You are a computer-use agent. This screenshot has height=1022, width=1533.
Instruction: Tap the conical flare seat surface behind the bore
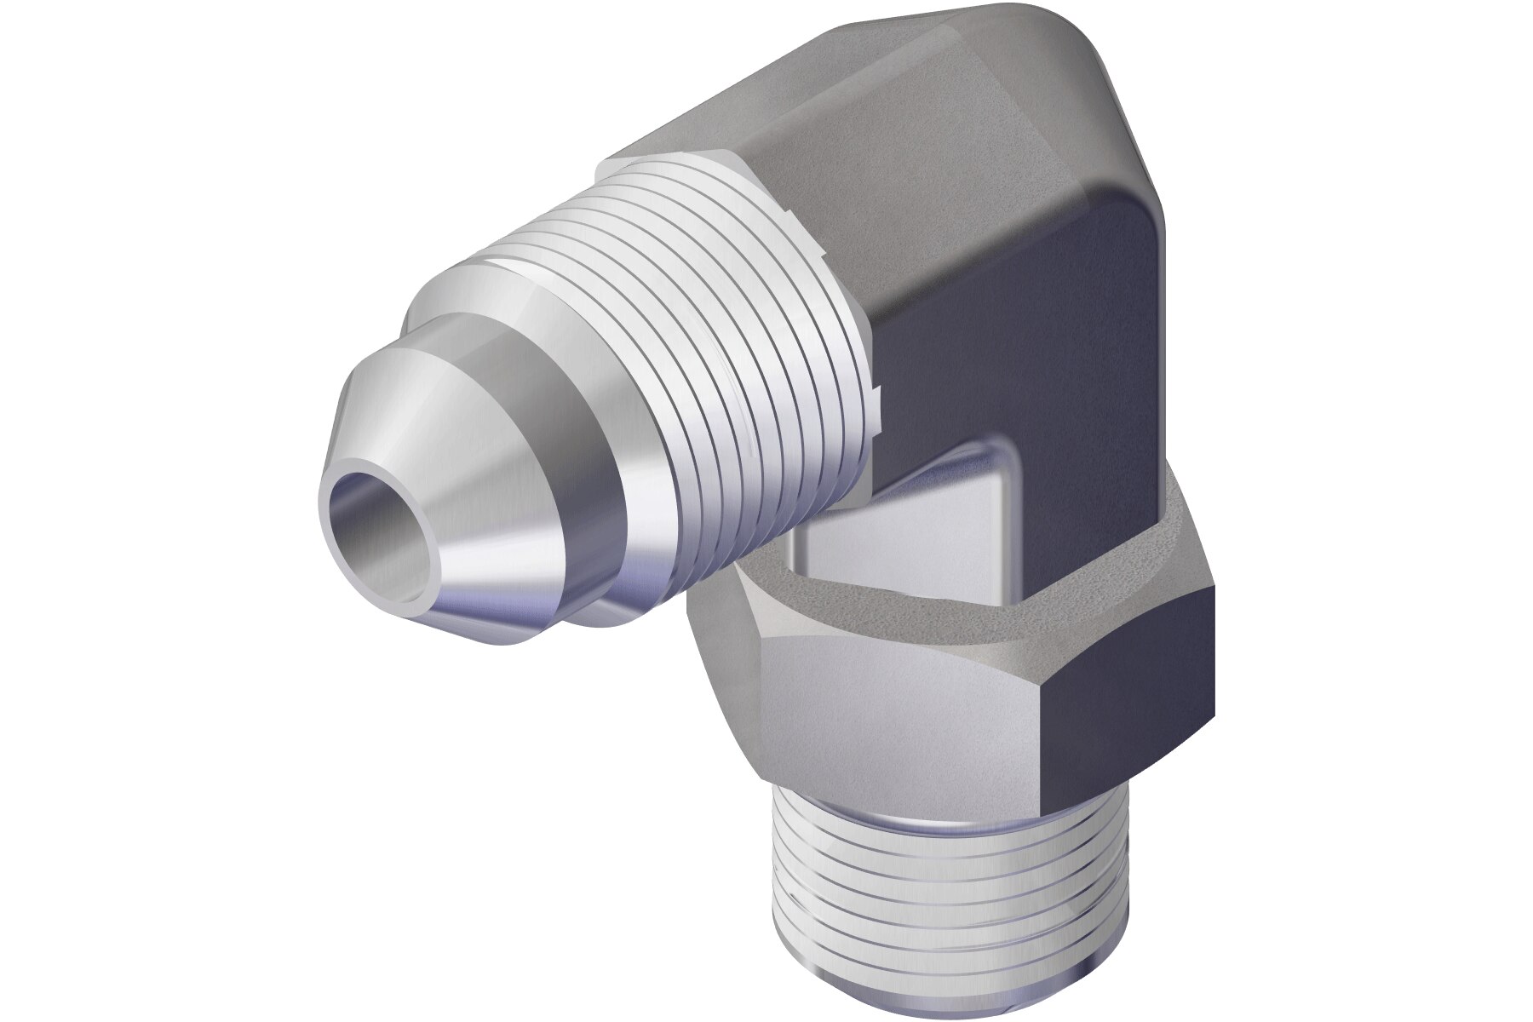pyautogui.click(x=477, y=477)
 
